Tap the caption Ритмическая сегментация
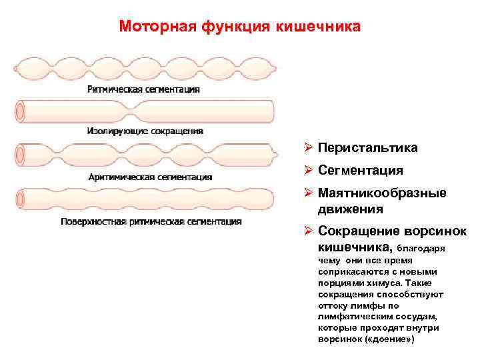[143, 89]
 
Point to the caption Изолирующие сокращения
[144, 131]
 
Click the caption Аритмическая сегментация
[150, 177]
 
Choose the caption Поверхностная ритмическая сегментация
[151, 221]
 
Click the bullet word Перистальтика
[367, 147]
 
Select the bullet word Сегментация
[360, 170]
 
